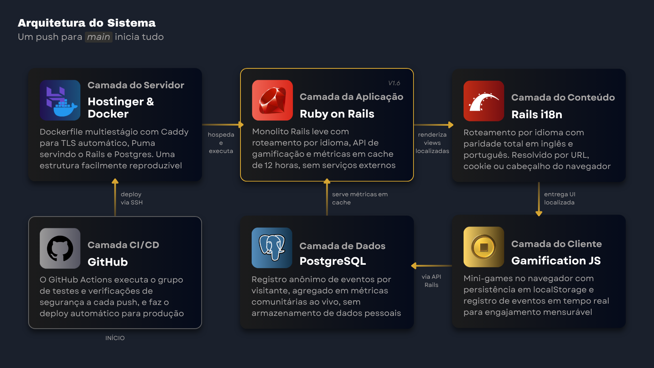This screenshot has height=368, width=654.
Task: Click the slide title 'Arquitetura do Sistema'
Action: [87, 23]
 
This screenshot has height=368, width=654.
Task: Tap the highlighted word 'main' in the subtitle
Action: [98, 37]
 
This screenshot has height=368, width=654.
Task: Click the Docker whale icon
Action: [60, 100]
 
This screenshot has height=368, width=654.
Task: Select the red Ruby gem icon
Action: [272, 100]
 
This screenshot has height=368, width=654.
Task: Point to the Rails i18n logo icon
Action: [484, 101]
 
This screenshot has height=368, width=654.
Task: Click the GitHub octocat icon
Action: [60, 248]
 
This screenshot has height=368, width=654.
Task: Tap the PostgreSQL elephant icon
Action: [272, 248]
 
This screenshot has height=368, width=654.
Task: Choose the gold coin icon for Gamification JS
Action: [484, 247]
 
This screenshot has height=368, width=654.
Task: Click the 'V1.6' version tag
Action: [394, 83]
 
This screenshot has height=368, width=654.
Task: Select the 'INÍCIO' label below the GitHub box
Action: [115, 338]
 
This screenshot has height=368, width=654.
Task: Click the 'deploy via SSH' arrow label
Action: [131, 198]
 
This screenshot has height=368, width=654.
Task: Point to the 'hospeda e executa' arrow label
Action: [221, 143]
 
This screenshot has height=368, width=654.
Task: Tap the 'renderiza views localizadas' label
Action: [432, 143]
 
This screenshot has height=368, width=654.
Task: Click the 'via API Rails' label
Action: [431, 281]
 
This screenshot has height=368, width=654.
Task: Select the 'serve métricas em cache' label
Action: [360, 198]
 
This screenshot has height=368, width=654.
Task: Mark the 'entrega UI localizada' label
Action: [559, 198]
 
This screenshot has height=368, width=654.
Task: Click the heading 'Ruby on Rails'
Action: [337, 114]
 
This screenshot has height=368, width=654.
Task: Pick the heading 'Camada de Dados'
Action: [342, 246]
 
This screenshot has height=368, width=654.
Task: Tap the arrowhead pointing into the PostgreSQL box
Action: [414, 266]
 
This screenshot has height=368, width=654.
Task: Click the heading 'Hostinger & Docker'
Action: [121, 108]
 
